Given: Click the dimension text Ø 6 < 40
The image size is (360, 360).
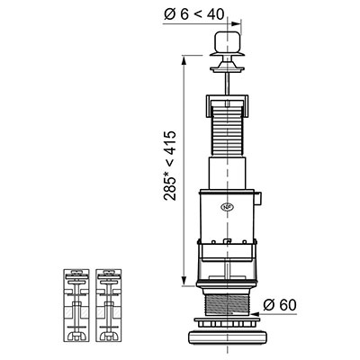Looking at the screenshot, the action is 194,14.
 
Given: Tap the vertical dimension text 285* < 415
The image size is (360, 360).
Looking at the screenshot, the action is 170,166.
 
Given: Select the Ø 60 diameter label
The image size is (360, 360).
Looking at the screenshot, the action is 280,305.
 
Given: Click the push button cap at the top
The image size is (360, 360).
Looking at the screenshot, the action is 228,42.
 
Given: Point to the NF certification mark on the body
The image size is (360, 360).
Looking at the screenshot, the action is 227,207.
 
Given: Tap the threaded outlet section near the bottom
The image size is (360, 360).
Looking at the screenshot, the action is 227,305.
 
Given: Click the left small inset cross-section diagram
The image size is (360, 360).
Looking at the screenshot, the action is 76,305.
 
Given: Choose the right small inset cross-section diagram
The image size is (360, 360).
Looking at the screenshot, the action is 109,305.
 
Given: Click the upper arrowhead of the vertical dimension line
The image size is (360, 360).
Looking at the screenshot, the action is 184,59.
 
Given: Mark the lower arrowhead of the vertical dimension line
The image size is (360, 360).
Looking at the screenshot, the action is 184,282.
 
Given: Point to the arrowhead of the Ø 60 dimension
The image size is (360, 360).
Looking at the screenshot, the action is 256,314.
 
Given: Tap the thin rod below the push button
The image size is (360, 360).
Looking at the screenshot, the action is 228,85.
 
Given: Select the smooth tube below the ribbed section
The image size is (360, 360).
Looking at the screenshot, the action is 228,173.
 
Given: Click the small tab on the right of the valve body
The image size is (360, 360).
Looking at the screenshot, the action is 259,199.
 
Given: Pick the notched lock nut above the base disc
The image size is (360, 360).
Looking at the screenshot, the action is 227,322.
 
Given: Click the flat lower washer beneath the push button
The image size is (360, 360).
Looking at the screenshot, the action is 228,69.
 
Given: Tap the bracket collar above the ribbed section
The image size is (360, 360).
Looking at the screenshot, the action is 228,105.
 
